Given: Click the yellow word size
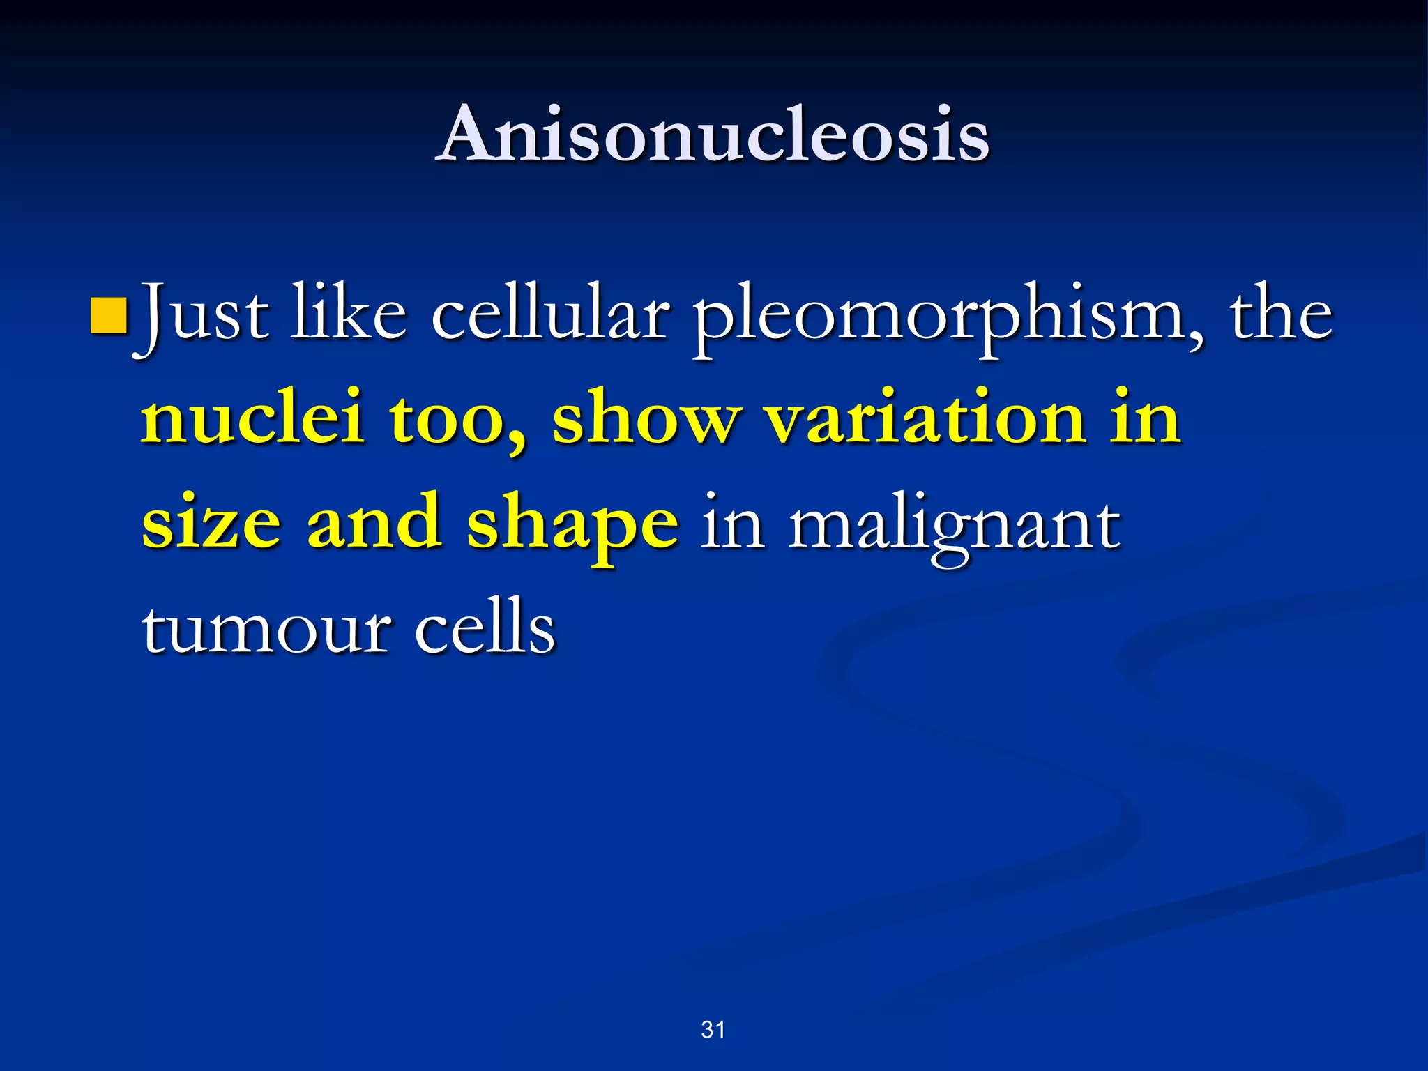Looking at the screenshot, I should point(211,523).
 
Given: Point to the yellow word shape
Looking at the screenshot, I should point(572,526).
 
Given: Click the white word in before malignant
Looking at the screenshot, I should point(732,523).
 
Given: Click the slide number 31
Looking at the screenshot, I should point(713,1029).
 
